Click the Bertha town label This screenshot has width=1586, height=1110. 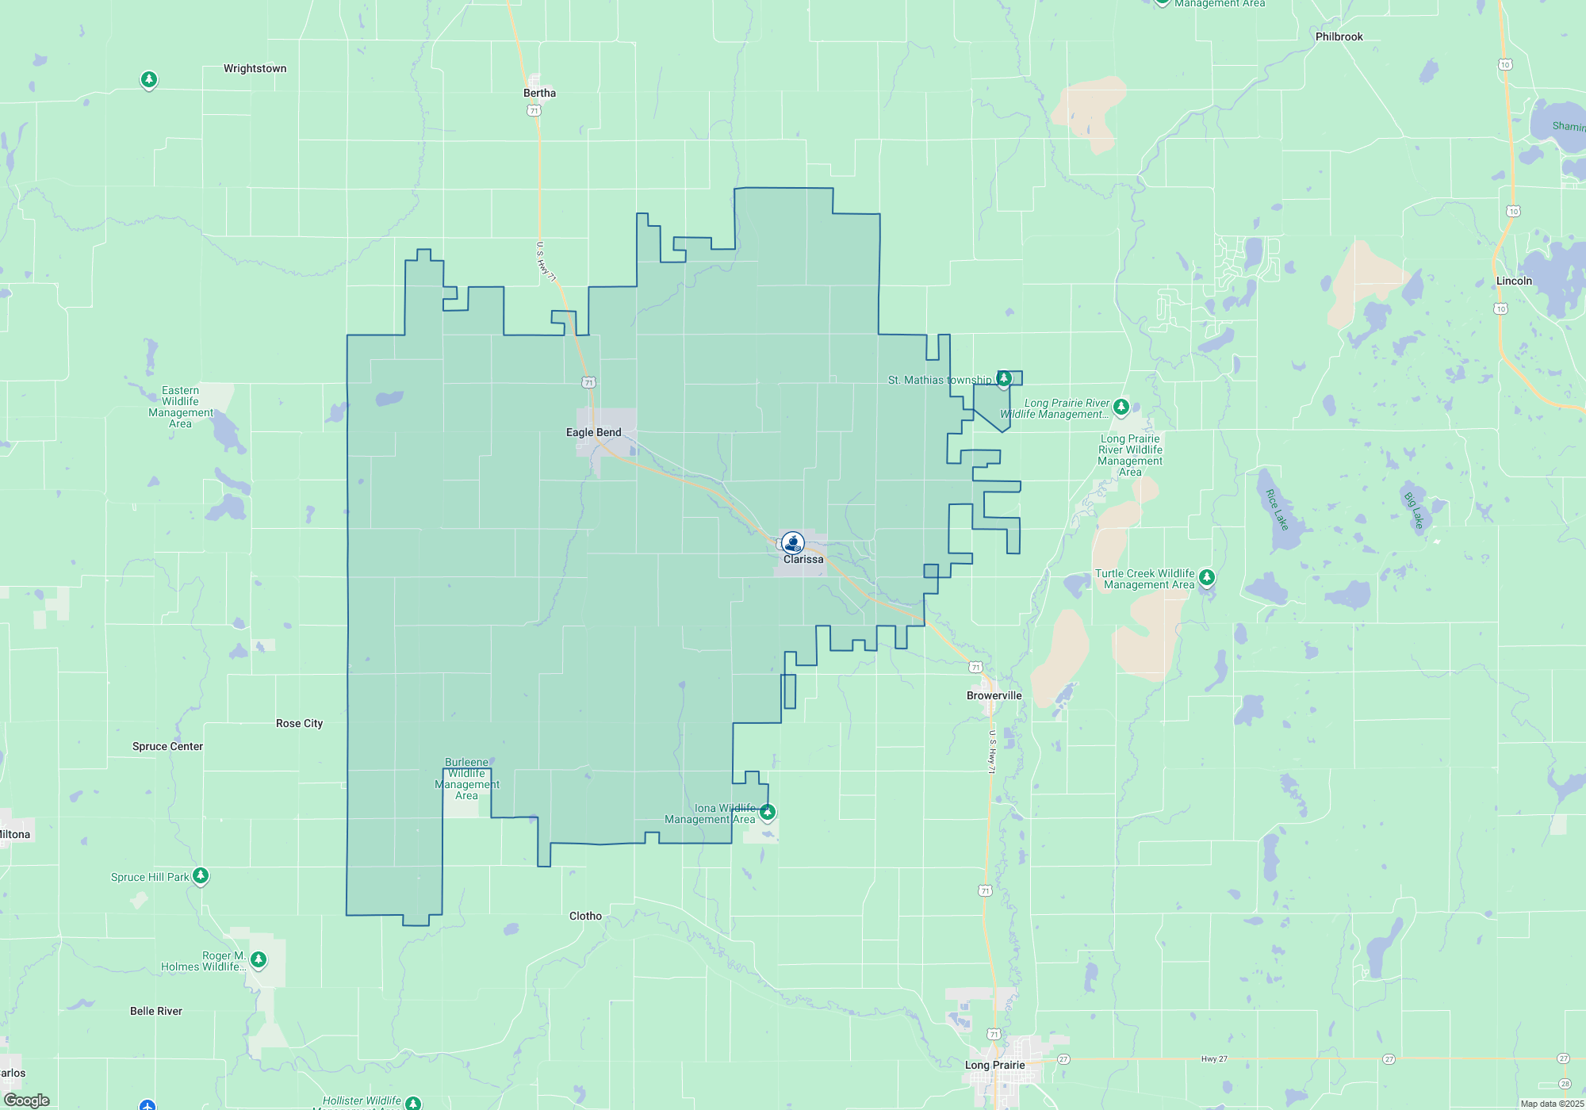pos(539,93)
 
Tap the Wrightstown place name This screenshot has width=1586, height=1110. pos(255,68)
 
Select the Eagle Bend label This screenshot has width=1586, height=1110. pos(593,432)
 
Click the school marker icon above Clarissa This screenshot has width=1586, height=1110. pos(792,542)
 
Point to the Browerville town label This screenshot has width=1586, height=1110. pos(994,695)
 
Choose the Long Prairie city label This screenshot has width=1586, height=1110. pos(994,1065)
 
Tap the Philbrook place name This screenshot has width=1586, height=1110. pos(1339,36)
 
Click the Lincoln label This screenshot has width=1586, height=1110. pos(1514,281)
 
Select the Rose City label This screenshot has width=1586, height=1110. pos(299,723)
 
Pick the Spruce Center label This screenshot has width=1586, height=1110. pos(167,746)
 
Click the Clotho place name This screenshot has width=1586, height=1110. pos(585,916)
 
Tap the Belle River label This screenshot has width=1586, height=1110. pos(156,1011)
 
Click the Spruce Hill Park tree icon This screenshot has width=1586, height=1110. pos(201,875)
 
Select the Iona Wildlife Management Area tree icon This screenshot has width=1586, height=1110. pos(767,812)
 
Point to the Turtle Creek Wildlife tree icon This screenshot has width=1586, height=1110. pos(1206,577)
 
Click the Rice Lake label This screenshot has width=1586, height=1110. pos(1277,510)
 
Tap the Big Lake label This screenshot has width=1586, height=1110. pos(1414,511)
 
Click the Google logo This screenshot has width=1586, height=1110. pos(27,1100)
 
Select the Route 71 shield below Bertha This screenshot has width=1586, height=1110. pos(534,111)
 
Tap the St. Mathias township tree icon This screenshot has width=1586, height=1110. pos(1004,378)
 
